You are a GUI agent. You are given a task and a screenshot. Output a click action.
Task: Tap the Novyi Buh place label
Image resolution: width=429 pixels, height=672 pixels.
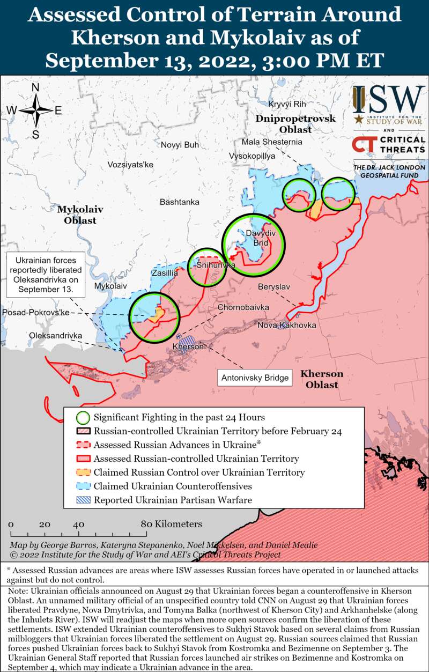(x=180, y=145)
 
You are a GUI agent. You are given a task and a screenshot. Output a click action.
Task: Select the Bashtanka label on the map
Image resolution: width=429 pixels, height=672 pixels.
(x=180, y=202)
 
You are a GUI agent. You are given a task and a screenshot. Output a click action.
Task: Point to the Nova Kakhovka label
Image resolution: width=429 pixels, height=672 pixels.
(x=287, y=326)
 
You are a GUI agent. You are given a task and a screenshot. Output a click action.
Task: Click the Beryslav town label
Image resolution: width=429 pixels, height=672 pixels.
(x=273, y=287)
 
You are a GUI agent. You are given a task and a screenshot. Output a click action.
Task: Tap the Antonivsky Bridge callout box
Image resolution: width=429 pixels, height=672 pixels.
(x=255, y=378)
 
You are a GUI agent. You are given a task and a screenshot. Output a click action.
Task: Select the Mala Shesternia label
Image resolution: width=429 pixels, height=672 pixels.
(x=271, y=142)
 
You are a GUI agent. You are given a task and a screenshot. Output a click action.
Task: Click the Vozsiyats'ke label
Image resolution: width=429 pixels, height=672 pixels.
(x=130, y=165)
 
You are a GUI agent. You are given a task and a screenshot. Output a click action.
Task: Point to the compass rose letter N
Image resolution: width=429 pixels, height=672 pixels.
(x=35, y=88)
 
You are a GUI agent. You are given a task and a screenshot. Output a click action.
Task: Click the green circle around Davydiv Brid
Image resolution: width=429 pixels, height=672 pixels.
(x=254, y=245)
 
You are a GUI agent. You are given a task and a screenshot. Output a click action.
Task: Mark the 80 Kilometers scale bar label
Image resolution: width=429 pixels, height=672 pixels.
(x=172, y=524)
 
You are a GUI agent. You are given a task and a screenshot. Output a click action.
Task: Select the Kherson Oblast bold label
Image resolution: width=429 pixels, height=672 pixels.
(x=322, y=379)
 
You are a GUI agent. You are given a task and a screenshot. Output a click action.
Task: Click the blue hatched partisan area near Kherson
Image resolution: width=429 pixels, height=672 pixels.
(x=187, y=340)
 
